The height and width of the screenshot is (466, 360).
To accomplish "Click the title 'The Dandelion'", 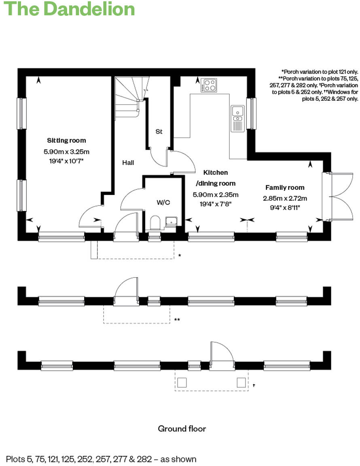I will point(69,9).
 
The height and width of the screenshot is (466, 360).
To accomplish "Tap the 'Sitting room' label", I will point(66,141).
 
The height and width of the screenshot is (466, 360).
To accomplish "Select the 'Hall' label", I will point(128,163).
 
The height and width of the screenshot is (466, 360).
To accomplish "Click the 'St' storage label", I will point(159,131).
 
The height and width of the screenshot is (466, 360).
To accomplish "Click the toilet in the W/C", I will point(155,223).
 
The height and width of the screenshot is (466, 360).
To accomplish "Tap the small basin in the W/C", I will point(171,221).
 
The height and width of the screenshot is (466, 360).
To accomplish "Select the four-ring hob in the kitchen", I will point(209,85).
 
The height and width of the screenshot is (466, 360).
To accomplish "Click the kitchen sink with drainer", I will point(237,118).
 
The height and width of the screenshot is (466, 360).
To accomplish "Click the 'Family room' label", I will point(285,188).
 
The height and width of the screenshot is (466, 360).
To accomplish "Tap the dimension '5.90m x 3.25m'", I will point(66,152).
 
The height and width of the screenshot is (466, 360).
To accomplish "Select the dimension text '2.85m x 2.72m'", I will point(285,198).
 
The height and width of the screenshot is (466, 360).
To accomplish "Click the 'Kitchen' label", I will point(215,172).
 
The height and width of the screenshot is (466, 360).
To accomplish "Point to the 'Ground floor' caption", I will point(182,429).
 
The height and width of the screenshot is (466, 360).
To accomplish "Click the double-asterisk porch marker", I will point(177,320).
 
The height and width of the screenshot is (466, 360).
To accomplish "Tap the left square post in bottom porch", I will point(182,382).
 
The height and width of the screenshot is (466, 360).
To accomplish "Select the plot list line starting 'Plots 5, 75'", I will point(101,459).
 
